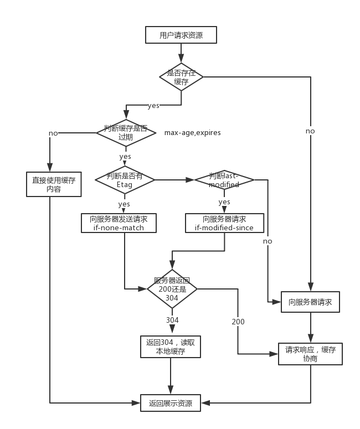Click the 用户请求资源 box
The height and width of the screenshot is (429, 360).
point(181,35)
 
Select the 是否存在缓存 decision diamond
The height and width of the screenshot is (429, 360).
point(181,77)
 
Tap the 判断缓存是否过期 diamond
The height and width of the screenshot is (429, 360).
point(125,133)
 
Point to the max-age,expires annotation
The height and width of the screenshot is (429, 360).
point(192,133)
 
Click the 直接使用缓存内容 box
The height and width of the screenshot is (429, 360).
point(54,184)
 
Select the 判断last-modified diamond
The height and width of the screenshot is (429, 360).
point(224,180)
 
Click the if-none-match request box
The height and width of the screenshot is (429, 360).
point(119,223)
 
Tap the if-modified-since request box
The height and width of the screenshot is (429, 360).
point(224,223)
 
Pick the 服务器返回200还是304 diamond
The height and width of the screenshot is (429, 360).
point(172,289)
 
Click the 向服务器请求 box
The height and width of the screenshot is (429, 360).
point(310,302)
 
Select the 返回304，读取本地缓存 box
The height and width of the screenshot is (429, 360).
point(170,346)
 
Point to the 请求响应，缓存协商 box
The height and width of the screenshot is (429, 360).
point(310,354)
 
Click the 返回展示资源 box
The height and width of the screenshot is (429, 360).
point(170,403)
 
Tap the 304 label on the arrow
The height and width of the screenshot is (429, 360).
point(172,320)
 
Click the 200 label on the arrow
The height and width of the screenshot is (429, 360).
point(238,322)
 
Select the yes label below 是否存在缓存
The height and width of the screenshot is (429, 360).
point(153,105)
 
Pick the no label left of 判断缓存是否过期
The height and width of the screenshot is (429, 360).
point(53,133)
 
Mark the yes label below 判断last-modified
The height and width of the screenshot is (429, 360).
point(224,201)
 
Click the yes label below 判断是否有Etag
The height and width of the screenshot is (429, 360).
point(125,204)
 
